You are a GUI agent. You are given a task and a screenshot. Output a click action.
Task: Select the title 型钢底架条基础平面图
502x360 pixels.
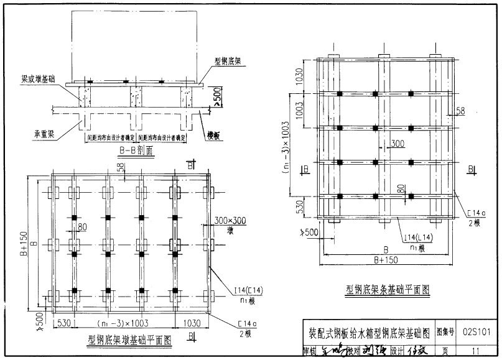(387, 289)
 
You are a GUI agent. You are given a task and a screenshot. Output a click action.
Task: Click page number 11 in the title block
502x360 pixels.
(476, 351)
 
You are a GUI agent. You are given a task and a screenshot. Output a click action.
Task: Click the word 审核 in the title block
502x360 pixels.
(309, 351)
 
